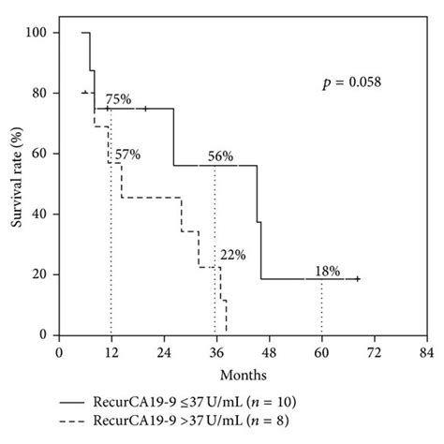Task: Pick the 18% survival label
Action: point(327,271)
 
